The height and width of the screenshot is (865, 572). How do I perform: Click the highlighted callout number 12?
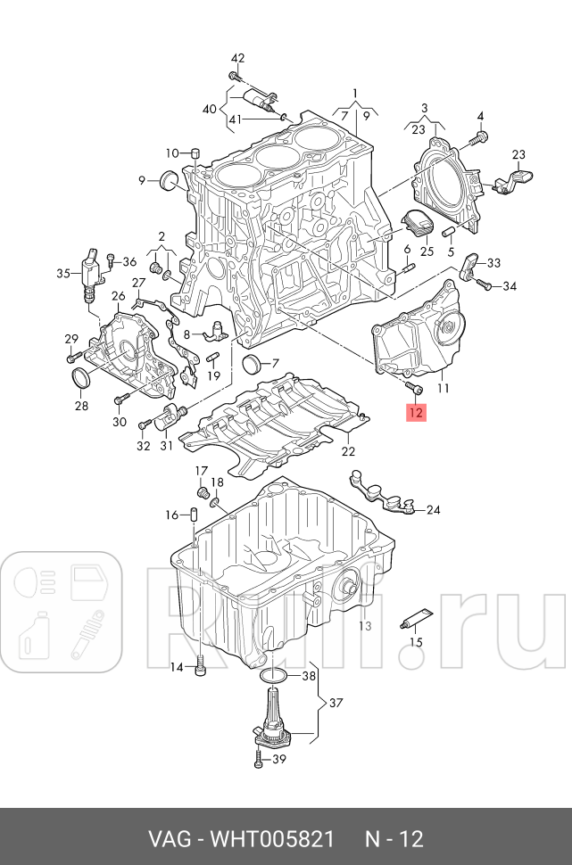(417, 412)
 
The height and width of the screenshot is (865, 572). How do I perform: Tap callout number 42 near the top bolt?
(237, 58)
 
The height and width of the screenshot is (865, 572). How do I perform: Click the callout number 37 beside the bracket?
(336, 704)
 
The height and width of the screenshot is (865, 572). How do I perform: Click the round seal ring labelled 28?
(81, 379)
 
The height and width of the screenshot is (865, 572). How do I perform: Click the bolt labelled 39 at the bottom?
(257, 761)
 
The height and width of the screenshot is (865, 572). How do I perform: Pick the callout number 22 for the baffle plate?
(348, 451)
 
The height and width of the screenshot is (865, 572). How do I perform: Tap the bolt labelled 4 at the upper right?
(479, 138)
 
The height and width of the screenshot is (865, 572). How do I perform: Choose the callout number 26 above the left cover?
(118, 296)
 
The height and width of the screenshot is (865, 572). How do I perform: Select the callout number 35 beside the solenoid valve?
(62, 274)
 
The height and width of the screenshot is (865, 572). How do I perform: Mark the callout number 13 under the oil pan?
(364, 626)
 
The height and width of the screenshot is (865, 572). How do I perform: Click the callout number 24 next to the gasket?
(433, 510)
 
